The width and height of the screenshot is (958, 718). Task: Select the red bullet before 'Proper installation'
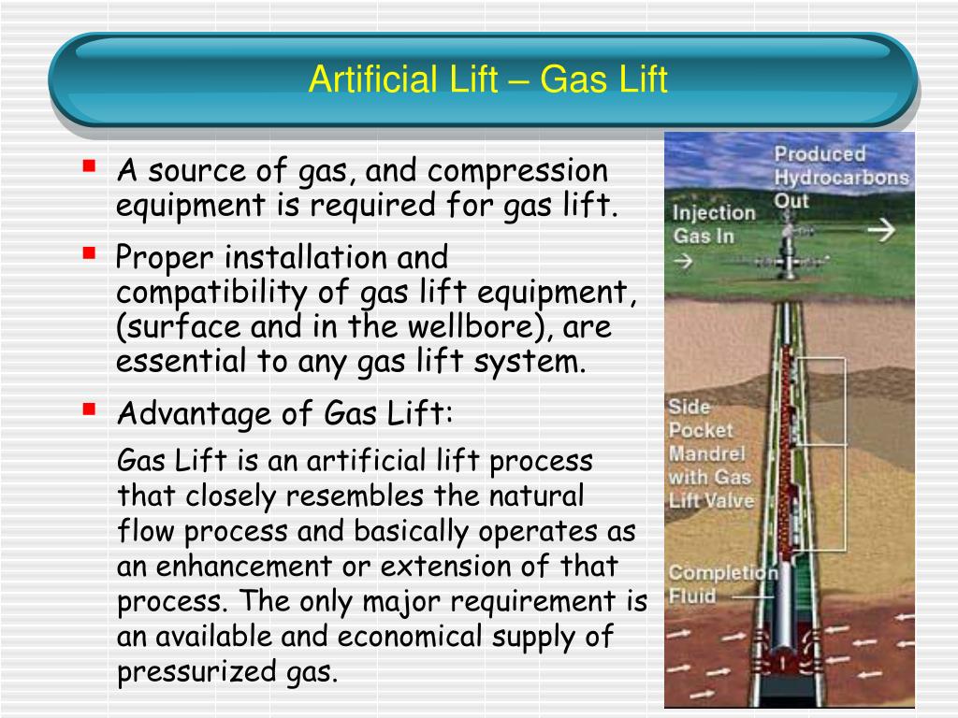89,251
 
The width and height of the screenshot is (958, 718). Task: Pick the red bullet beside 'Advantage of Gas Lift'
89,409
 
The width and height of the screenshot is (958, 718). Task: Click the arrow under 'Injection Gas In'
683,263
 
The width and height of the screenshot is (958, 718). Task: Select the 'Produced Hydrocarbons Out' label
840,177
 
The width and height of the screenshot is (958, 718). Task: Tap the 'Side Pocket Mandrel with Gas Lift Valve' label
709,453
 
